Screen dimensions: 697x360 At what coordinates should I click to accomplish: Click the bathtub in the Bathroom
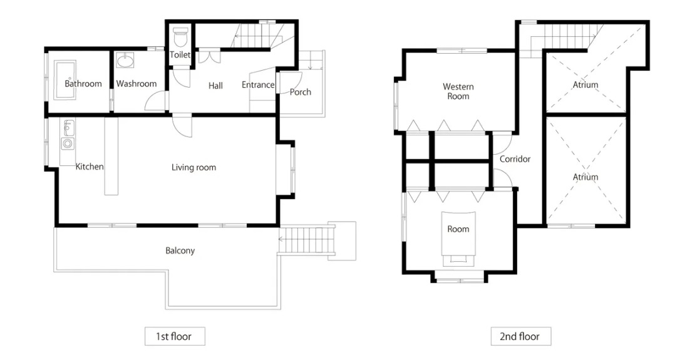coord(66,80)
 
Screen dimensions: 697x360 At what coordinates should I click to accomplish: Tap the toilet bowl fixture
coord(180,38)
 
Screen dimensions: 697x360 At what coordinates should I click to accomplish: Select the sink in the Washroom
coord(125,61)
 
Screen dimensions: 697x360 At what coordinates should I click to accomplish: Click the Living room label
coord(194,168)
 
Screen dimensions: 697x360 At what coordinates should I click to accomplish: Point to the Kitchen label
coord(90,167)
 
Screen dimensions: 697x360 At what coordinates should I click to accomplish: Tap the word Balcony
coord(180,250)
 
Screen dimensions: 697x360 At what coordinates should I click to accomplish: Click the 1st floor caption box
coord(175,336)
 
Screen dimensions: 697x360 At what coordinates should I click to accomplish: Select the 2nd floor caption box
coord(521,336)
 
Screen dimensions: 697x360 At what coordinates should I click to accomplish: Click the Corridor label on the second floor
coord(515,159)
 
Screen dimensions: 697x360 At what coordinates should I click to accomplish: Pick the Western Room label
coord(458,91)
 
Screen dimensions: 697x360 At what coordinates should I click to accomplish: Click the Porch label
coord(301,92)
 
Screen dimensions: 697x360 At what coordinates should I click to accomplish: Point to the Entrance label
coord(258,85)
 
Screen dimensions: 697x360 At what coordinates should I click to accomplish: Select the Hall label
coord(215,85)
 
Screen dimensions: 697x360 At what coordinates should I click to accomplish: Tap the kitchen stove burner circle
coord(67,143)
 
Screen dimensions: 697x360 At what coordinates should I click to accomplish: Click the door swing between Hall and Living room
coord(182,126)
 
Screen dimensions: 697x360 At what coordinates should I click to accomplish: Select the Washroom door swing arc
coord(155,101)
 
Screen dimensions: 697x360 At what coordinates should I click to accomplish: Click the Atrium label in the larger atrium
coord(586,177)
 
